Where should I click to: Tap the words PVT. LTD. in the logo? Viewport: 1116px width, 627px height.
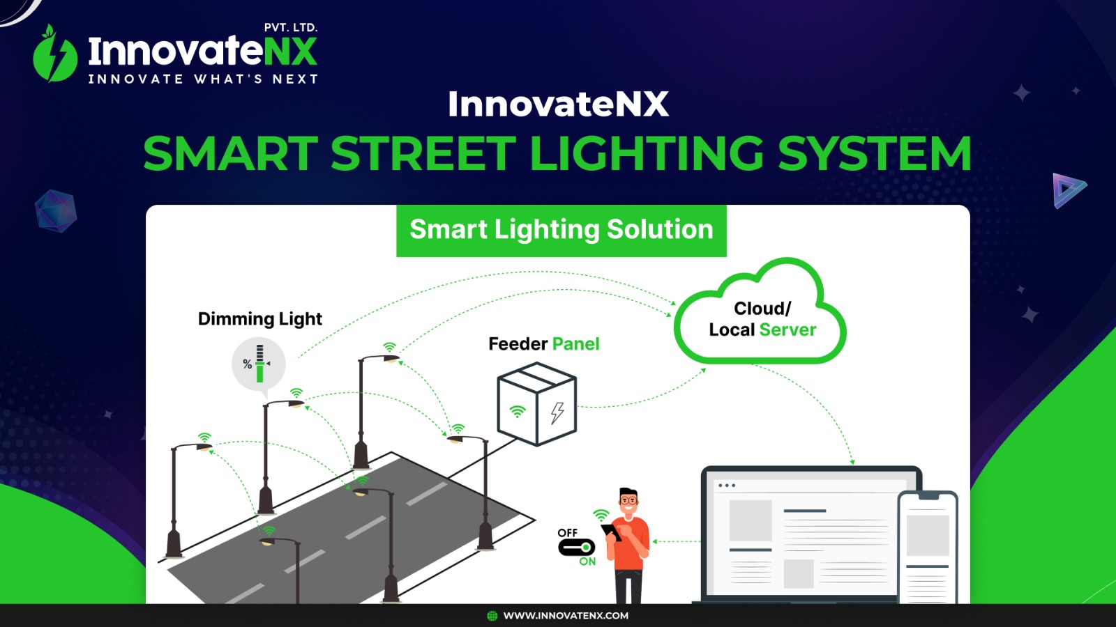(290, 27)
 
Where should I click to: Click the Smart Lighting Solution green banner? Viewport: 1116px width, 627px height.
(561, 231)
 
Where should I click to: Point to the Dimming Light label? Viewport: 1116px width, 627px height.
(260, 318)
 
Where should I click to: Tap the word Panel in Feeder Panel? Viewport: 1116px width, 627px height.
(576, 344)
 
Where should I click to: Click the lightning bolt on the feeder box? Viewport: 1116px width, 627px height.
(557, 413)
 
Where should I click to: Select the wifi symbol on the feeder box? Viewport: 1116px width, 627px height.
(517, 412)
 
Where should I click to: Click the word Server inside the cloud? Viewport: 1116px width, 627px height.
(787, 330)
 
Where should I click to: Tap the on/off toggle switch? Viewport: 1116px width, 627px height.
(576, 548)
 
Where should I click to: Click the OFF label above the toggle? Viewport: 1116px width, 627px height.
(568, 533)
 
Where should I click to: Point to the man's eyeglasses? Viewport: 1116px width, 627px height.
(628, 500)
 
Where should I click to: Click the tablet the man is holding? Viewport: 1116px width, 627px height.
(611, 532)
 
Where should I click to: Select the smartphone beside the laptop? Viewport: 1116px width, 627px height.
(927, 548)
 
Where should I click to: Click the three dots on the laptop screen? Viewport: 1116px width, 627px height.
(726, 485)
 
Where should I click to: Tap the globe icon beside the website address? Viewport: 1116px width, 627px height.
(492, 616)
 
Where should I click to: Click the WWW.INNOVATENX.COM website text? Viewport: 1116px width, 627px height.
(566, 616)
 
